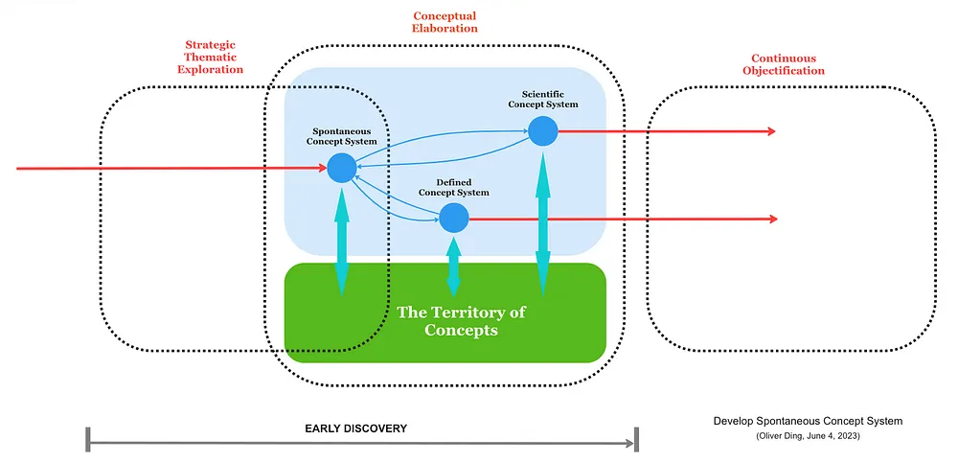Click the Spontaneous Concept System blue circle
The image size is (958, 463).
pos(342,168)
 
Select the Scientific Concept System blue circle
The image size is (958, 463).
pos(542,131)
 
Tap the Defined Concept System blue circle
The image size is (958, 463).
pos(454,218)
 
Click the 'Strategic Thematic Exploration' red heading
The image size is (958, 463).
pos(210,58)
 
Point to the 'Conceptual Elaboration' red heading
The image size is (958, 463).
pos(445,22)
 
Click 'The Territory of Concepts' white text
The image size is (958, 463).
pos(462,321)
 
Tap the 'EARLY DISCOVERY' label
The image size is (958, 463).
pos(355,428)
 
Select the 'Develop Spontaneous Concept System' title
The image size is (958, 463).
pos(808,422)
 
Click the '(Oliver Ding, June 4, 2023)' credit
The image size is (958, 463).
pos(808,436)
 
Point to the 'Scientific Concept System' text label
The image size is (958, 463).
pos(542,99)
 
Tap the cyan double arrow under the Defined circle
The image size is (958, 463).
pos(454,266)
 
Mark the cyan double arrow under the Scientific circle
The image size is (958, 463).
pos(542,222)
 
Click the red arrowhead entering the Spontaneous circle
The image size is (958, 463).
pos(324,168)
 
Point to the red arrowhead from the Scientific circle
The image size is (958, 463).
pos(771,131)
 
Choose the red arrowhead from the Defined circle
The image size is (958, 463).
pos(773,219)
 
